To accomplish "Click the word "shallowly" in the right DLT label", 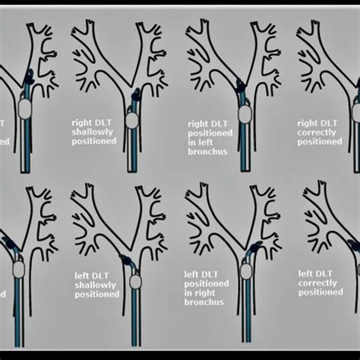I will coord(96,131).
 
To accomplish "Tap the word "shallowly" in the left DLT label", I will coord(96,283).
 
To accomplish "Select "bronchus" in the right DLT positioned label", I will coord(207,150).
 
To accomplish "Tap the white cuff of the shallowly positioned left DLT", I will coord(135,281).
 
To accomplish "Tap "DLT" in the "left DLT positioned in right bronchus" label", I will coord(213,275).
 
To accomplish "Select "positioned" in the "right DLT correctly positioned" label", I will coord(320,141).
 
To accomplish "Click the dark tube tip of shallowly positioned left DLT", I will coord(131,258).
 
